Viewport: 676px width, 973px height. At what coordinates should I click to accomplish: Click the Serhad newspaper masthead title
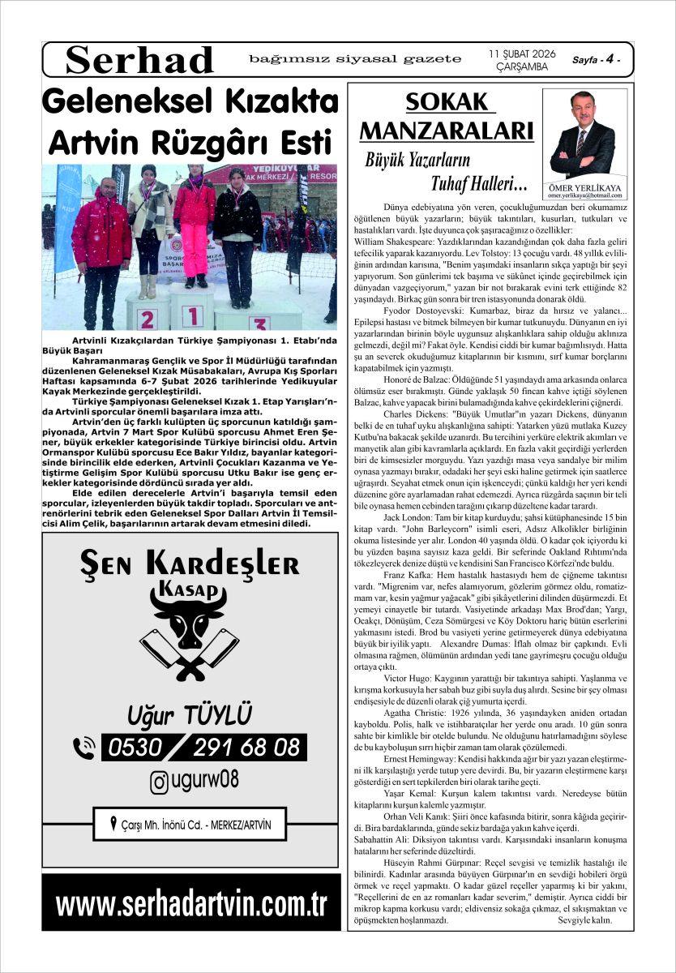point(139,60)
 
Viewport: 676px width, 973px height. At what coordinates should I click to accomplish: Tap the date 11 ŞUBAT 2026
point(522,54)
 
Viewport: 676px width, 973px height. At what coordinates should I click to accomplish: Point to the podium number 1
point(191,315)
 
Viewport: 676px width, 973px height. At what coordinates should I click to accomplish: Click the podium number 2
point(147,319)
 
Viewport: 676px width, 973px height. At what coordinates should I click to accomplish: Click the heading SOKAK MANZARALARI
point(447,116)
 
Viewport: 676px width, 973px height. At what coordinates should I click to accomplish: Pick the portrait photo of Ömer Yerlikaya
point(583,134)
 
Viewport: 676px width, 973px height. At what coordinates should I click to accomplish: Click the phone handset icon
point(84,747)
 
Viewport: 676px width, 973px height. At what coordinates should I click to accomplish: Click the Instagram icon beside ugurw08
point(160,781)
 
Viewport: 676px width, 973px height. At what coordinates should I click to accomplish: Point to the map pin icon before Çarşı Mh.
point(113,826)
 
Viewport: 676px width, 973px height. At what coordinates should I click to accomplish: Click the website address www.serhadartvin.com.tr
point(191,902)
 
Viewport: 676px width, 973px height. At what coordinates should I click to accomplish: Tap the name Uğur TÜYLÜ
point(190,715)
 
